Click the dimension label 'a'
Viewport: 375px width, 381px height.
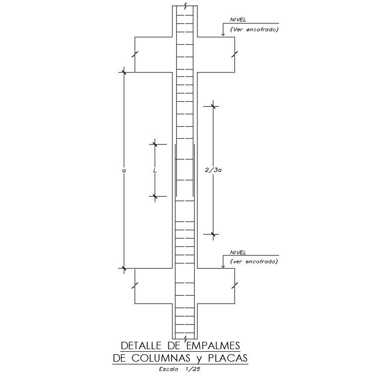[124, 171]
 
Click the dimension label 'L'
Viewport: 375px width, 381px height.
[155, 170]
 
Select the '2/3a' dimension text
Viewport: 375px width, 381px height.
[213, 170]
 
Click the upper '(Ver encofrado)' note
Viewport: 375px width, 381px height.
[254, 30]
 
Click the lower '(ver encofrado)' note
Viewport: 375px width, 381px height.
[254, 261]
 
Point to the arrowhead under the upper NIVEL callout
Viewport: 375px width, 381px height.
[223, 34]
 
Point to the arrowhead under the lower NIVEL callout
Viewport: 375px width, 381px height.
[223, 267]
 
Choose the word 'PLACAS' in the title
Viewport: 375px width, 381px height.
[228, 358]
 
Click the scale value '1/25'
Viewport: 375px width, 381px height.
[192, 369]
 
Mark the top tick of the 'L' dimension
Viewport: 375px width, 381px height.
[155, 145]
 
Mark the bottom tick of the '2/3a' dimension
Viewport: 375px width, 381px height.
[214, 234]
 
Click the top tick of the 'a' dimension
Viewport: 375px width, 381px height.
[124, 72]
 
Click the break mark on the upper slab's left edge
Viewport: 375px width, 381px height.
[135, 54]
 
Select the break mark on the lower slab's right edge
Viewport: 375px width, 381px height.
[235, 286]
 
